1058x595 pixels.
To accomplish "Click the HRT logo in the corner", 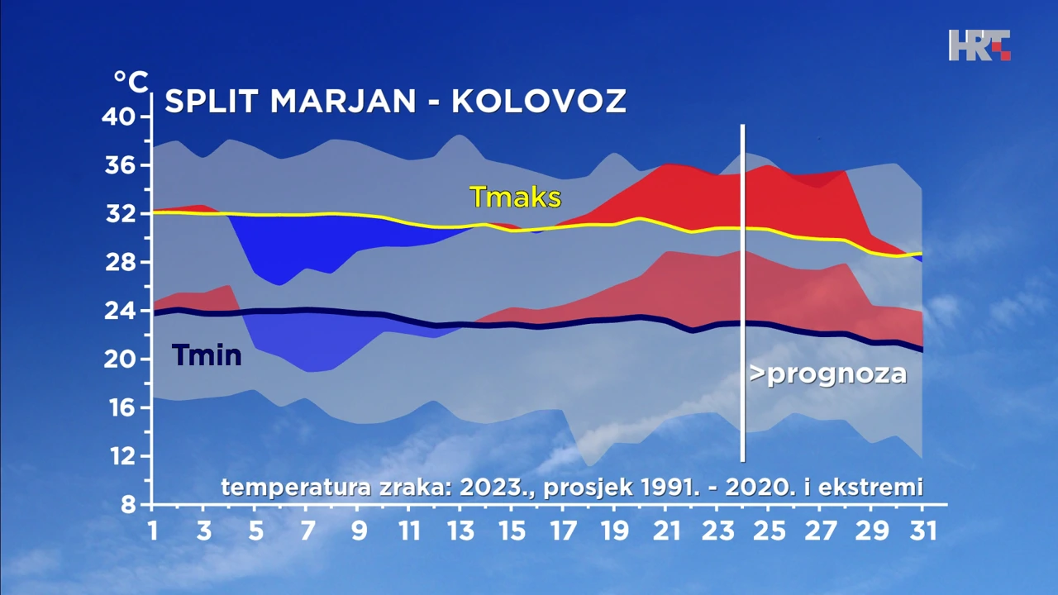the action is point(979,45).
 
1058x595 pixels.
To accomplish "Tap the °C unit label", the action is point(131,82).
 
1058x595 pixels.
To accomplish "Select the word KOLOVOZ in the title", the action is point(539,101).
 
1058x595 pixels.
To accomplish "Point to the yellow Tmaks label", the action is point(515,197).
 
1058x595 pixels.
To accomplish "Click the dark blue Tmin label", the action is point(207,355).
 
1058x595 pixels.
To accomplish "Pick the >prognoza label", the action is point(828,374).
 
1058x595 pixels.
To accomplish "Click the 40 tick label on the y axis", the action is point(119,117).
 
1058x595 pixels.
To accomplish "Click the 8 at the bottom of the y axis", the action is point(128,506).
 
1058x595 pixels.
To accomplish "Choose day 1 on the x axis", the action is point(153,531).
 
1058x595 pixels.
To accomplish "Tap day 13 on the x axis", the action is point(460,531).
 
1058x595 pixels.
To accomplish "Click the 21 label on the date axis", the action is point(665,531).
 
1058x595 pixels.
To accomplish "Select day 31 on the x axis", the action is point(923,531).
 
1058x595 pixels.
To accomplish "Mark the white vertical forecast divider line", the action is point(743,293).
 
